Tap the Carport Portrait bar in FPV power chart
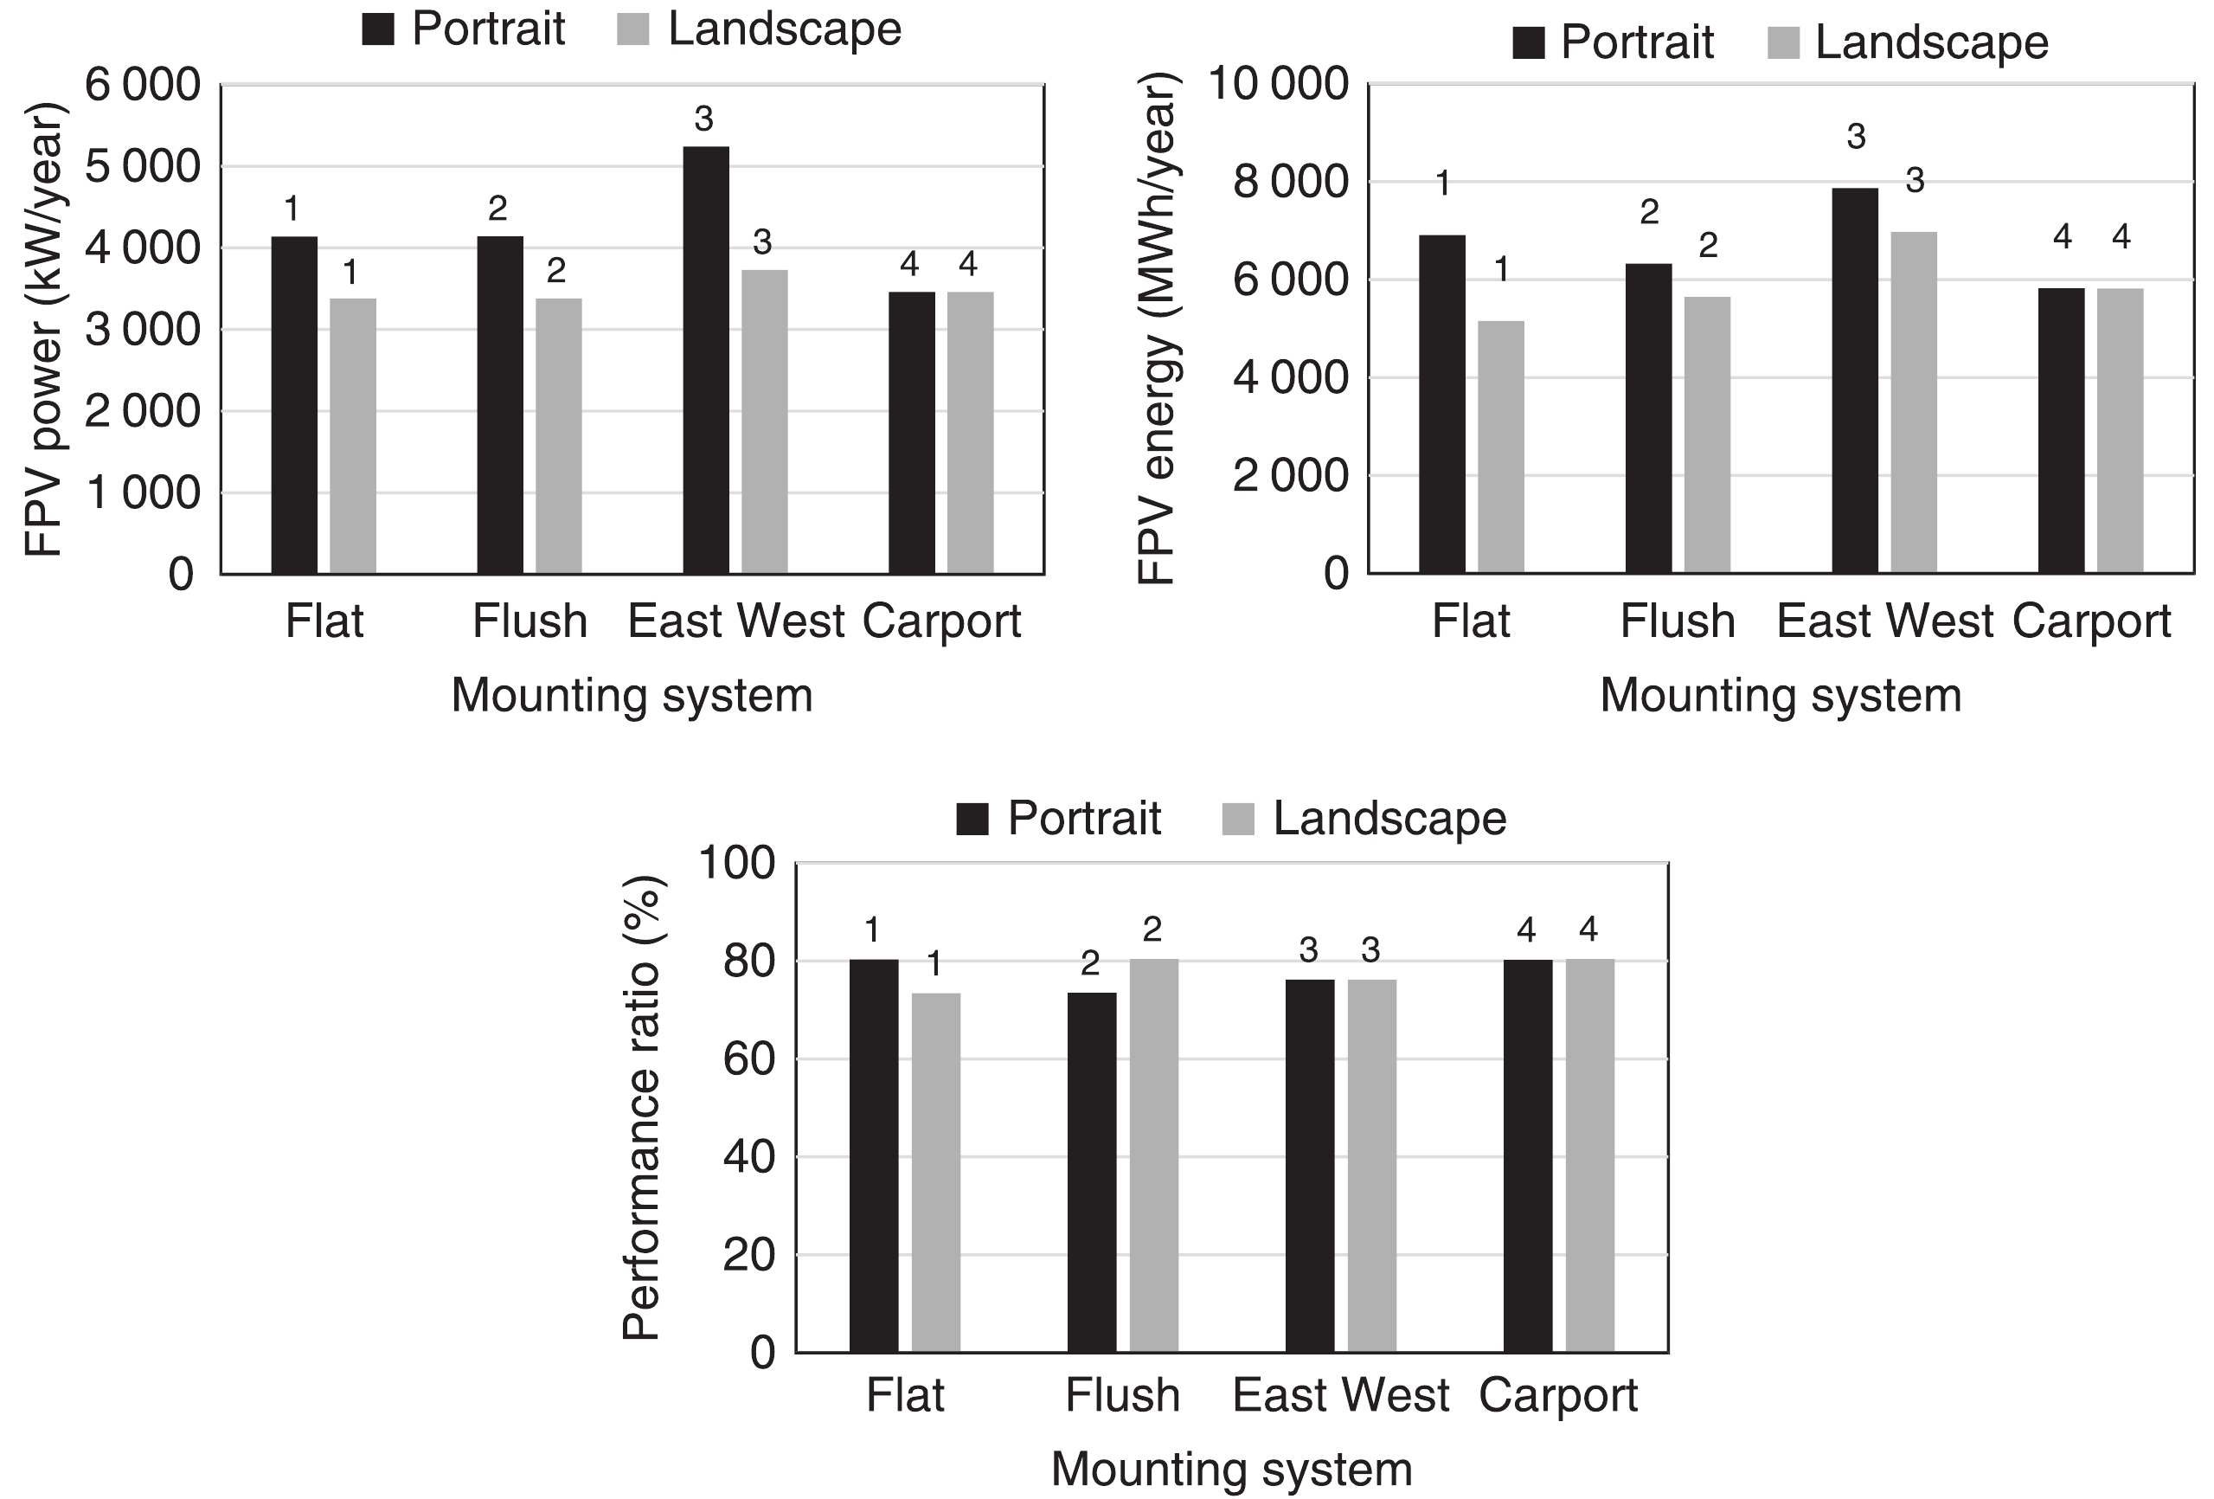tap(912, 433)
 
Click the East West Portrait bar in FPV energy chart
tap(1855, 381)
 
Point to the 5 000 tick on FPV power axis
tap(143, 167)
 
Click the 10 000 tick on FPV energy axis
tap(1278, 85)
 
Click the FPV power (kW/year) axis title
tap(44, 330)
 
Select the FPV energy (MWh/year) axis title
tap(1158, 330)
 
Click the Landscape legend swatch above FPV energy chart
tap(1782, 44)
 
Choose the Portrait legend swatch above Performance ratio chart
tap(972, 819)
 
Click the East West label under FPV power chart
tap(735, 622)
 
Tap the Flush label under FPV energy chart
tap(1677, 622)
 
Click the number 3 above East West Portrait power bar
tap(703, 119)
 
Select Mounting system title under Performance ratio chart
tap(1231, 1469)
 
